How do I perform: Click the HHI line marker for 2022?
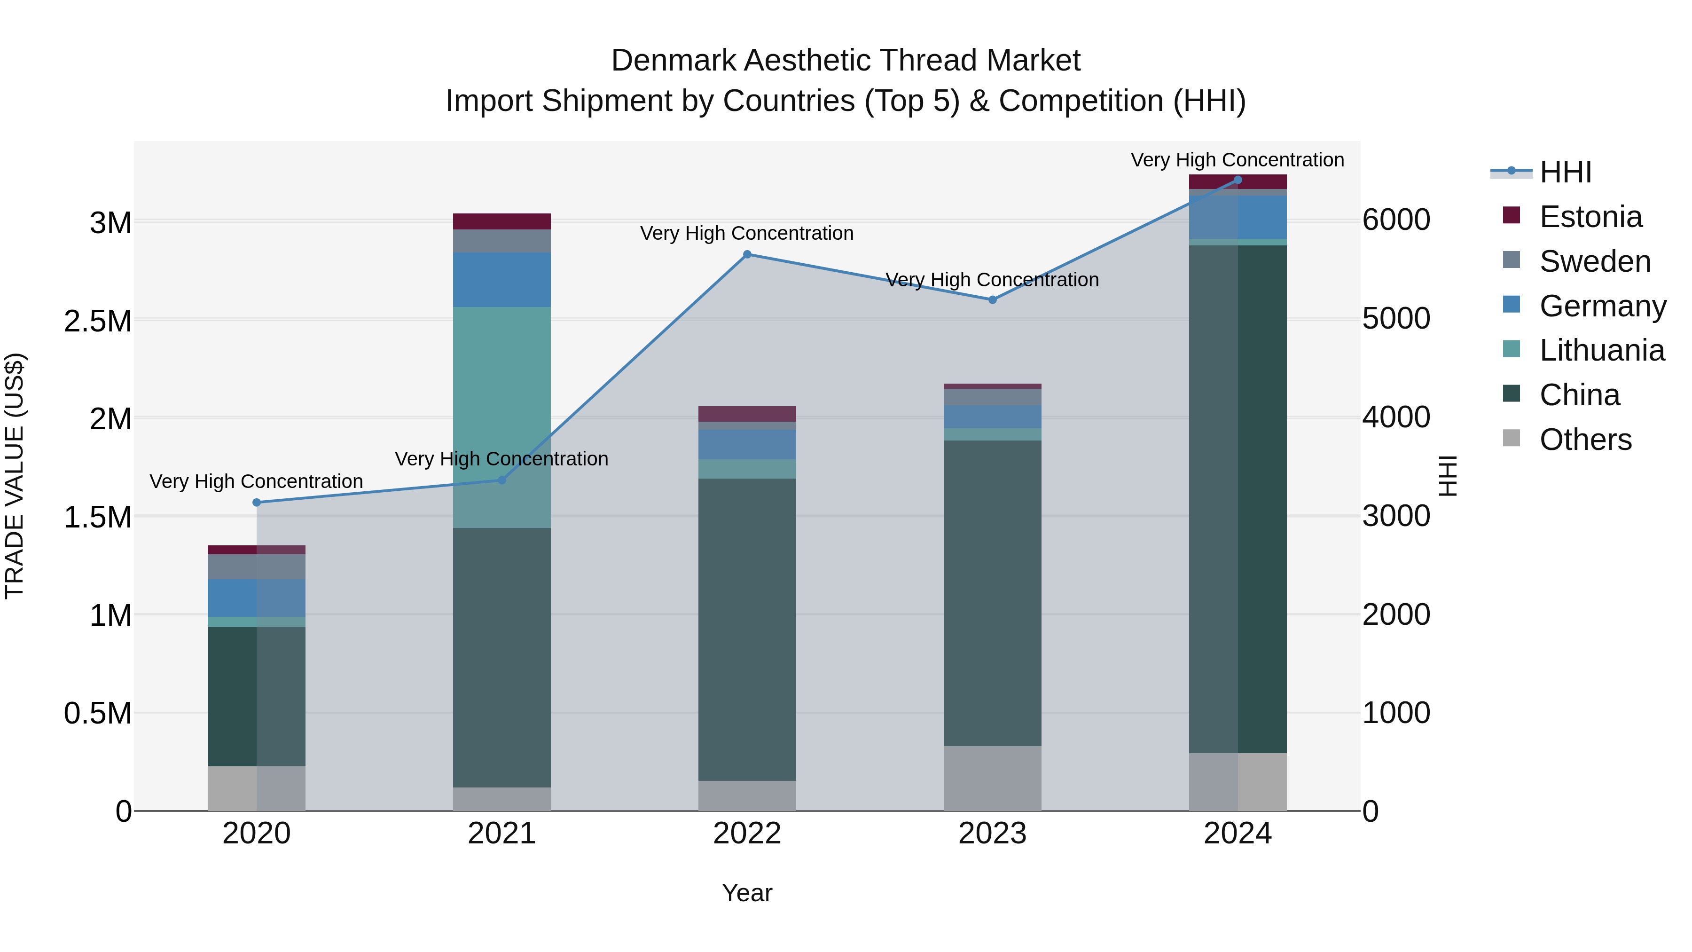pyautogui.click(x=747, y=254)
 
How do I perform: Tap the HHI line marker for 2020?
pyautogui.click(x=257, y=503)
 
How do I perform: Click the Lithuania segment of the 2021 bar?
pyautogui.click(x=502, y=417)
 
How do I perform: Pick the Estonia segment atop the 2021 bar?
pyautogui.click(x=502, y=221)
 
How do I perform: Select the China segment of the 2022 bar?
pyautogui.click(x=747, y=629)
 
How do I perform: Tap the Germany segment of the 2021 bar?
pyautogui.click(x=502, y=280)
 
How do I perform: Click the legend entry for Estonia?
pyautogui.click(x=1590, y=217)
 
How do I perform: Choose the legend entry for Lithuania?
pyautogui.click(x=1601, y=350)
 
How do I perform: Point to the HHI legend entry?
pyautogui.click(x=1565, y=172)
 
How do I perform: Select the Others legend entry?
pyautogui.click(x=1585, y=440)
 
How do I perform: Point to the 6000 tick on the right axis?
pyautogui.click(x=1396, y=220)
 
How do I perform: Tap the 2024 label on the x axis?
pyautogui.click(x=1238, y=834)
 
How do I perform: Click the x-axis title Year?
pyautogui.click(x=747, y=893)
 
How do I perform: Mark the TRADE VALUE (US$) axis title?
pyautogui.click(x=15, y=476)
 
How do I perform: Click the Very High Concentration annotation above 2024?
pyautogui.click(x=1237, y=160)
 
